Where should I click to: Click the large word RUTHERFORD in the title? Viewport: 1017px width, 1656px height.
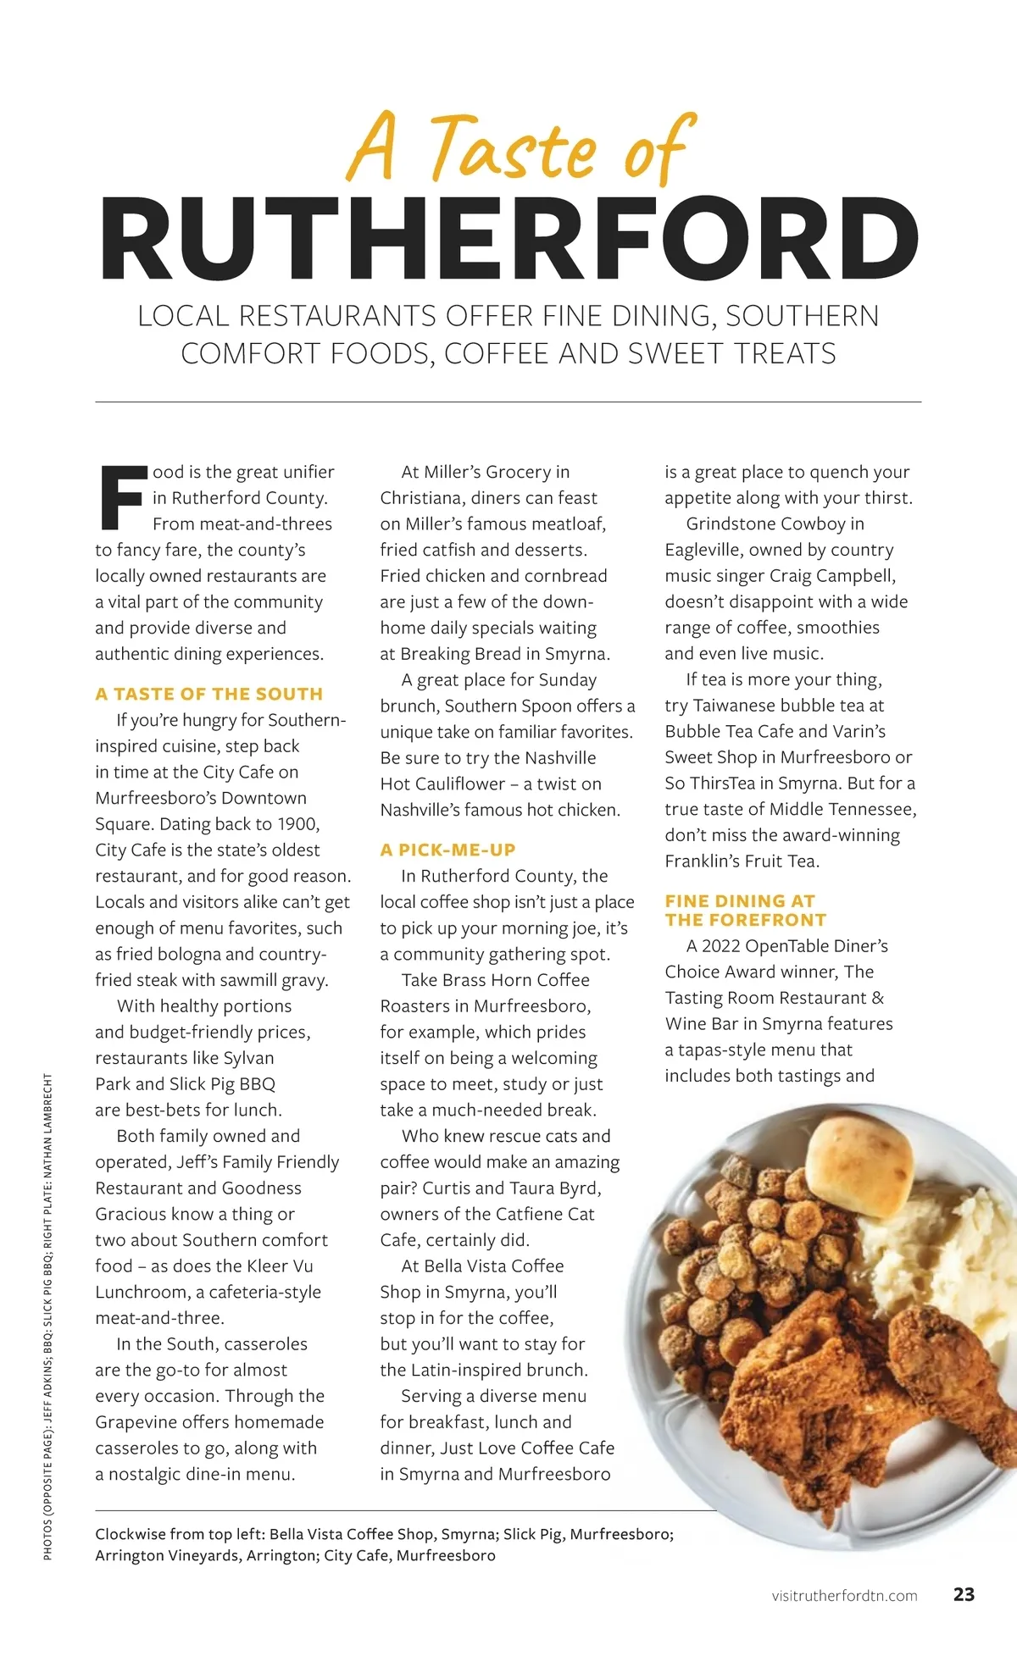click(x=508, y=240)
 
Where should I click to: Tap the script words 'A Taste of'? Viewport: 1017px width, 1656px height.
click(x=520, y=148)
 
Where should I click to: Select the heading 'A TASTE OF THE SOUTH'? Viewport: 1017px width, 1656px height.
click(x=208, y=694)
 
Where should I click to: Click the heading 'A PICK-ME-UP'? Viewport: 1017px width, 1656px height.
click(x=447, y=850)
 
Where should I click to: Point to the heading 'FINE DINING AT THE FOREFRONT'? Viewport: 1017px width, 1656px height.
click(x=746, y=910)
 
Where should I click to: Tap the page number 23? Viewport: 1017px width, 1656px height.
click(x=964, y=1594)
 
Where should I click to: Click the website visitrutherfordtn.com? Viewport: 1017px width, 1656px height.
click(x=844, y=1596)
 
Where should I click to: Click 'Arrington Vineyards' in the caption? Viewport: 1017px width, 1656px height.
click(x=167, y=1555)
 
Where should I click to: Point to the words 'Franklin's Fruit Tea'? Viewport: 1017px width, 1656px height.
click(x=742, y=861)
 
